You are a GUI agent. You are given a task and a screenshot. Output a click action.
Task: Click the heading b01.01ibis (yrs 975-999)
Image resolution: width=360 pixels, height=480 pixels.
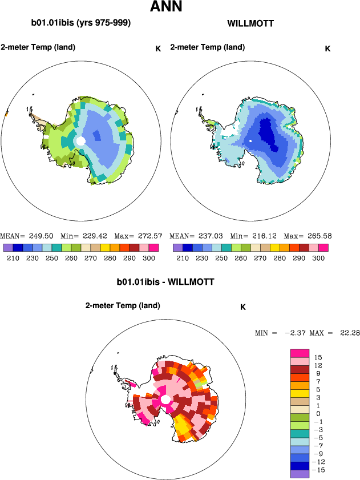(81, 23)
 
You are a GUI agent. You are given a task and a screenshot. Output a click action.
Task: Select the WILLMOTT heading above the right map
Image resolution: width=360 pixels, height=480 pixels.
(250, 24)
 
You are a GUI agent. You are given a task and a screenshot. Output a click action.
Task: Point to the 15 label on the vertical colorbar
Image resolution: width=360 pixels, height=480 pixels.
(318, 357)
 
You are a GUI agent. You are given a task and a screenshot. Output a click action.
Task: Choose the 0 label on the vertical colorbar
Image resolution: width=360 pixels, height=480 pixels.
(318, 414)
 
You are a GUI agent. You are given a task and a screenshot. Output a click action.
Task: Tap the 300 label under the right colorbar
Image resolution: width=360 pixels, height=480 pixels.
(319, 259)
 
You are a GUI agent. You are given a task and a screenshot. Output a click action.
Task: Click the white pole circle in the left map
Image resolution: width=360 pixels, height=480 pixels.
(81, 140)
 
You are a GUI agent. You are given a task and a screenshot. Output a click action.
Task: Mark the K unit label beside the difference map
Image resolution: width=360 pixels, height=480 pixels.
(242, 307)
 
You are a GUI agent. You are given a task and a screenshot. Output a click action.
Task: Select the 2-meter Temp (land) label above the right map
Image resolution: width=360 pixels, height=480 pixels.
(208, 47)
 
